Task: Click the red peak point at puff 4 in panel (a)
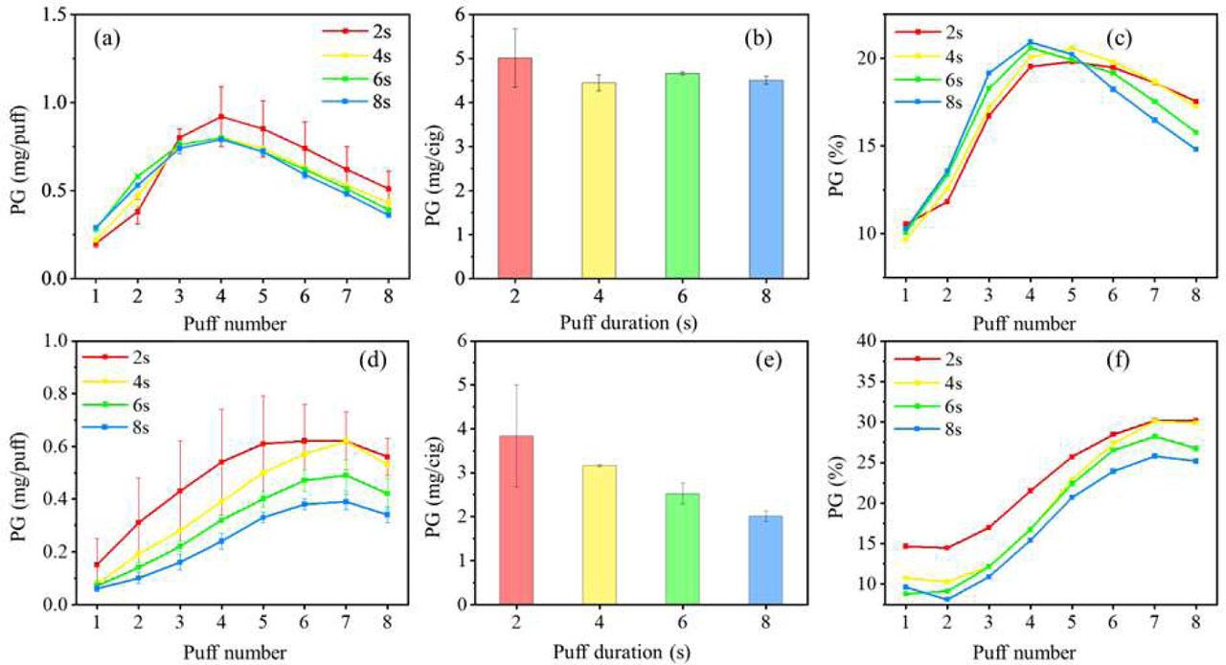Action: point(221,116)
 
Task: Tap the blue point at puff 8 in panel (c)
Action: point(1196,149)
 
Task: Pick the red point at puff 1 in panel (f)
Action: point(906,546)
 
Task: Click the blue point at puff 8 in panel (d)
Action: point(387,515)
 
